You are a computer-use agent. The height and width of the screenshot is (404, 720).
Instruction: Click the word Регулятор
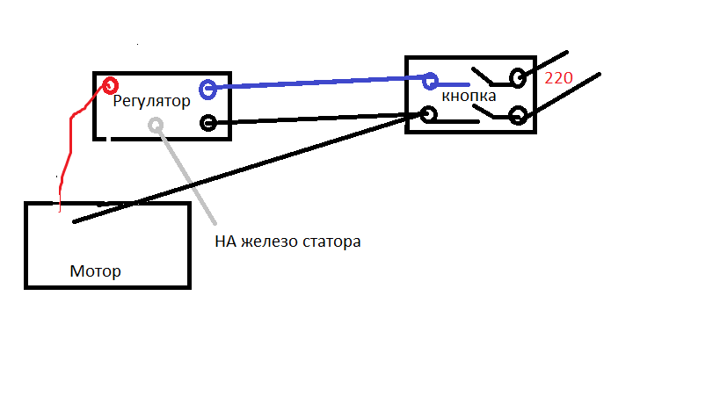pos(151,101)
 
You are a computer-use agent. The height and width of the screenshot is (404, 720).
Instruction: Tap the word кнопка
pos(469,96)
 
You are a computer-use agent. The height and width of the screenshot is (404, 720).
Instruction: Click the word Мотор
pos(96,271)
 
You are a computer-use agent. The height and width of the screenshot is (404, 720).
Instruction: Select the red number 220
pos(558,78)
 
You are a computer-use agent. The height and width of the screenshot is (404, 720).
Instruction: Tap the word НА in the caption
pos(225,242)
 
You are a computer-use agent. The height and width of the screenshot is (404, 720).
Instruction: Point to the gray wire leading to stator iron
pos(186,174)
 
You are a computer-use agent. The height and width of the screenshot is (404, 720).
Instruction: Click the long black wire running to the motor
pos(248,169)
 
